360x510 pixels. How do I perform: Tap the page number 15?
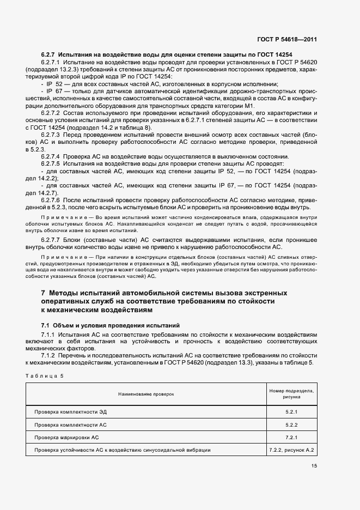tap(314, 466)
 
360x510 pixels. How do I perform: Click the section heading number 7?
tap(44, 293)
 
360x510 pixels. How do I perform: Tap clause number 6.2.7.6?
tap(53, 199)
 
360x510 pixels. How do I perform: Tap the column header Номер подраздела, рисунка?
tap(291, 394)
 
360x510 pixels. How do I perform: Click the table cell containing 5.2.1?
tap(291, 411)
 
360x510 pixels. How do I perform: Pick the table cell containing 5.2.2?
tap(291, 424)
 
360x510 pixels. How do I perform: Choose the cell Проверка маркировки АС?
tap(66, 437)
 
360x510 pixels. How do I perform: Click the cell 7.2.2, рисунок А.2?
tap(292, 450)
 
